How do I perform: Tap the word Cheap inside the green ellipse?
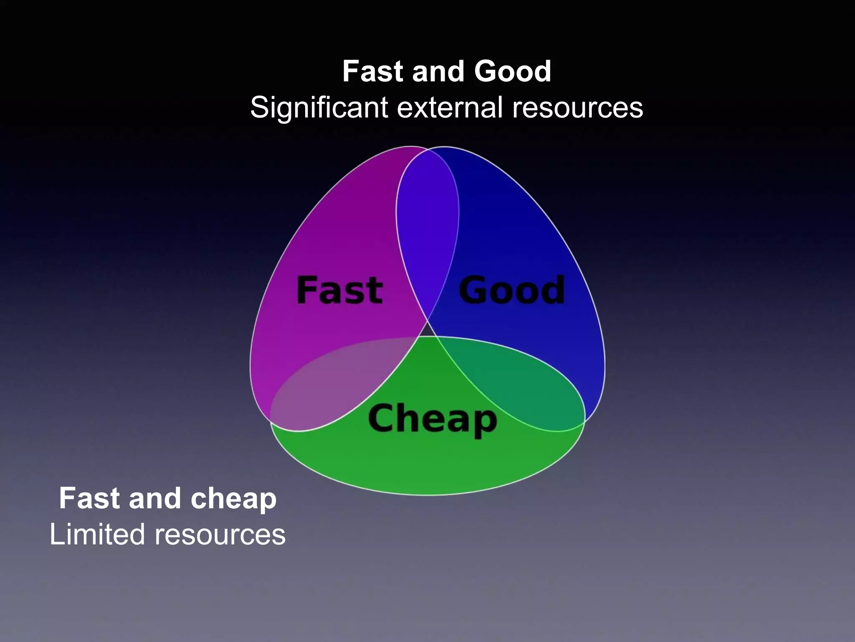pyautogui.click(x=433, y=419)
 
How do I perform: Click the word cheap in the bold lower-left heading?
pyautogui.click(x=233, y=499)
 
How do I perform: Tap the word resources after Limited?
pyautogui.click(x=220, y=535)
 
